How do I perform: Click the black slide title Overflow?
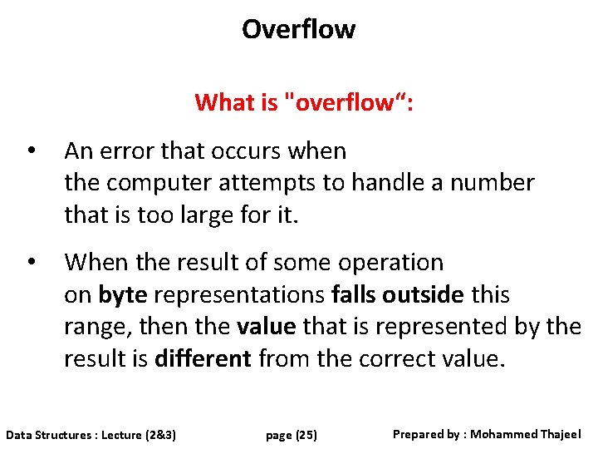coord(298,29)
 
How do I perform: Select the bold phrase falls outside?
coord(397,295)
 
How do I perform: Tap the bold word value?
coord(266,327)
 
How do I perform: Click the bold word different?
coord(203,359)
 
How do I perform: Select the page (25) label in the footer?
coord(292,435)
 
